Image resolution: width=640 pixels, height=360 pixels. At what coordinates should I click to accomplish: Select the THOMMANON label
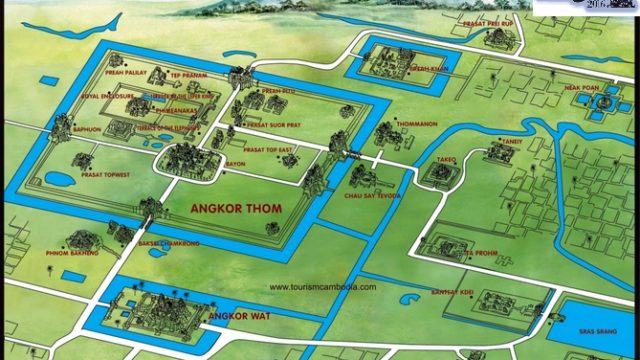[x=388, y=125]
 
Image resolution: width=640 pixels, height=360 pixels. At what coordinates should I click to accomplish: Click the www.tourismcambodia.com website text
[x=323, y=287]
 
